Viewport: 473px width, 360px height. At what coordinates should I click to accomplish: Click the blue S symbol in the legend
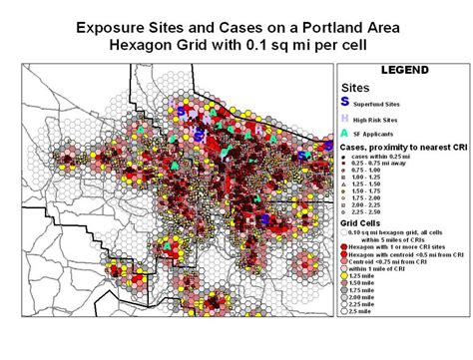tap(345, 101)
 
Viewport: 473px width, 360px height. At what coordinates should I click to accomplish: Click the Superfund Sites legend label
tap(387, 102)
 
